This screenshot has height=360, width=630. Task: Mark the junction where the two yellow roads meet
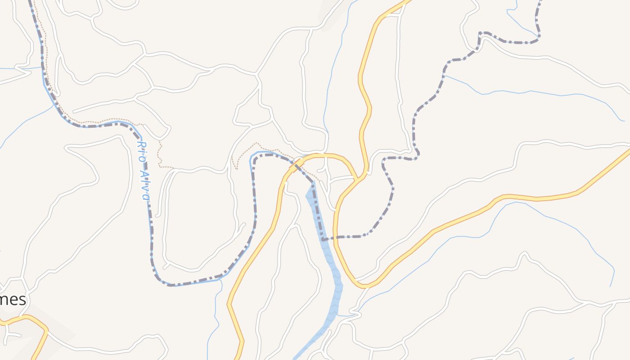coord(358,180)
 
